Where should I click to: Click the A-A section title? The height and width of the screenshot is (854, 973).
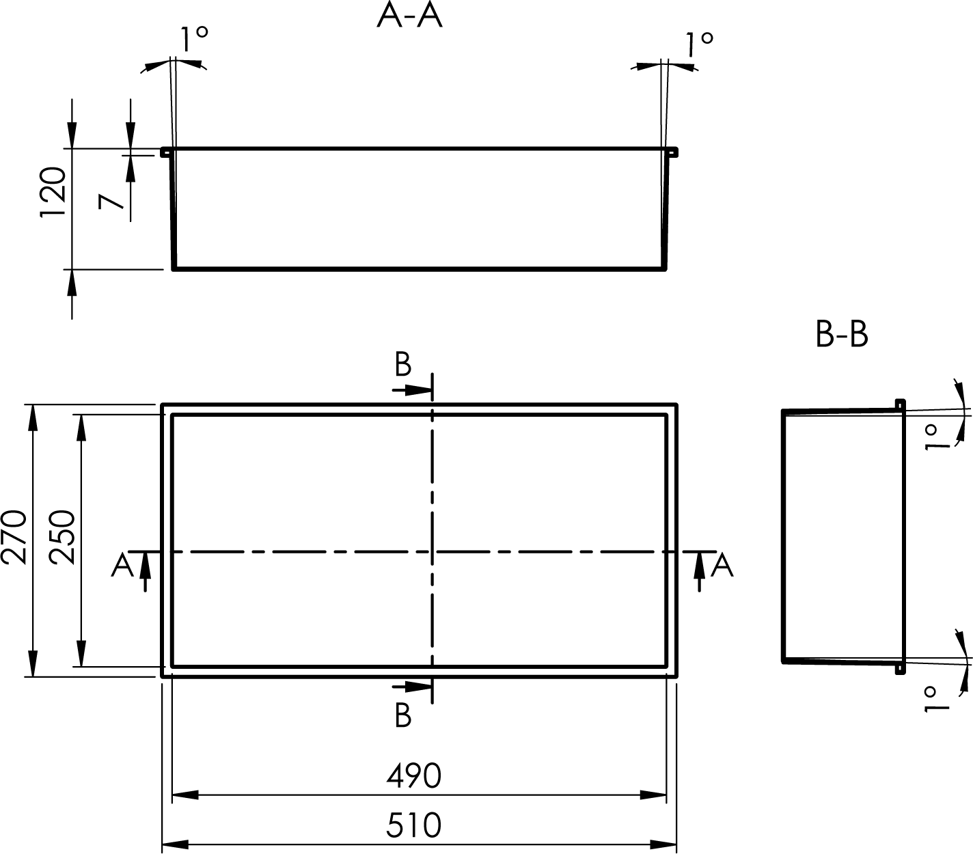pos(409,15)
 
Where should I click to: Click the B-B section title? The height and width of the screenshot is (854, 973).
pos(842,334)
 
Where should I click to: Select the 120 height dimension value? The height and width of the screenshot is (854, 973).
pos(53,192)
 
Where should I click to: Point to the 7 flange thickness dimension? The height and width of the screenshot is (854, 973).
pos(111,202)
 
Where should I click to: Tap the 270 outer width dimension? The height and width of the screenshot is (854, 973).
pos(14,537)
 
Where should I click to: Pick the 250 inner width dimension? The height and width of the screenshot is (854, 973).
pos(62,537)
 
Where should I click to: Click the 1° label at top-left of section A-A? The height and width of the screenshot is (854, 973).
pos(194,39)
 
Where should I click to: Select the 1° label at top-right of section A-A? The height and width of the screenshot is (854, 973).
pos(699,44)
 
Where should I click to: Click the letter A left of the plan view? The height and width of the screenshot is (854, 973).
pos(122,565)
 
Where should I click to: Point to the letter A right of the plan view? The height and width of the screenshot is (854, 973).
pos(722,565)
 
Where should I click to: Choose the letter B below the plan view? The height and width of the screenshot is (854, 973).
pos(403,716)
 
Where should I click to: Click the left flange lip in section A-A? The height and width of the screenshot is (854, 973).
pos(165,152)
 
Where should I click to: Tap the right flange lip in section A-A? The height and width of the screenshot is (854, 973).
pos(672,152)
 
